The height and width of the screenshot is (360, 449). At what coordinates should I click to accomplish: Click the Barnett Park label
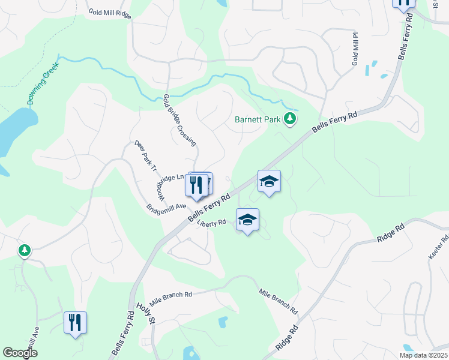pyautogui.click(x=257, y=119)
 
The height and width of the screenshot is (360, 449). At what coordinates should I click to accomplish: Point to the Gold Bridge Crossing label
pyautogui.click(x=180, y=120)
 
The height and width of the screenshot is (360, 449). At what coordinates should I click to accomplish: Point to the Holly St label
pyautogui.click(x=145, y=314)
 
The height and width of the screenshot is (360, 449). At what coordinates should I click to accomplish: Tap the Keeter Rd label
pyautogui.click(x=439, y=247)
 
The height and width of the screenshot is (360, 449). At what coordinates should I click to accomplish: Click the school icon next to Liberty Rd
pyautogui.click(x=247, y=220)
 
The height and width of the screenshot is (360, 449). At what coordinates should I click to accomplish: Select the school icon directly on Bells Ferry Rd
pyautogui.click(x=270, y=181)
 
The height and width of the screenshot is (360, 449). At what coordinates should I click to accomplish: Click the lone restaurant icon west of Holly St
pyautogui.click(x=75, y=323)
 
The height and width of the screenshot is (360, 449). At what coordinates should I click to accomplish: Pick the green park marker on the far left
pyautogui.click(x=25, y=250)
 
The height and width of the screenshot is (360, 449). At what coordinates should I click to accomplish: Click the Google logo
pyautogui.click(x=20, y=353)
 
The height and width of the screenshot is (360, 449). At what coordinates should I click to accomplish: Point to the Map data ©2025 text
pyautogui.click(x=423, y=355)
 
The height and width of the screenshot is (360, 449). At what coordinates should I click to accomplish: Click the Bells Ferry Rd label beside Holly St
pyautogui.click(x=122, y=332)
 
